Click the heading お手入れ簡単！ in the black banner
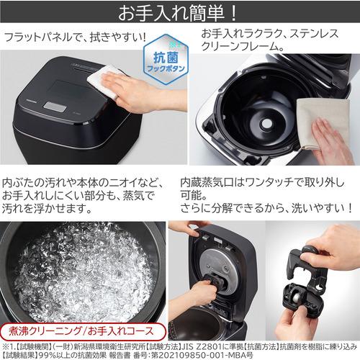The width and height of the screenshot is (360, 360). pyautogui.click(x=180, y=13)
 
